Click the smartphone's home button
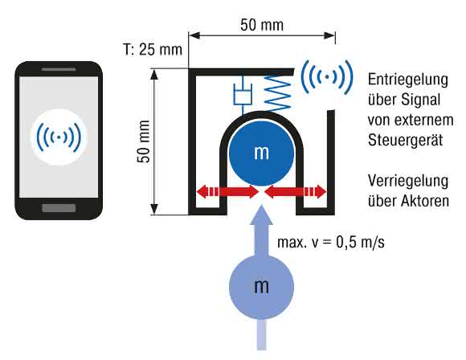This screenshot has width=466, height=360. click(59, 208)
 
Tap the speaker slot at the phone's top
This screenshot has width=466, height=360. click(59, 69)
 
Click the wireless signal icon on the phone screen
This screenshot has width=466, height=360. click(59, 137)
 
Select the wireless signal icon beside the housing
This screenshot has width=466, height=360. click(327, 77)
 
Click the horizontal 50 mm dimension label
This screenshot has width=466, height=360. click(262, 25)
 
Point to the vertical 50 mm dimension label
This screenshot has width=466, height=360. click(144, 141)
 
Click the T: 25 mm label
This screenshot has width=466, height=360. click(153, 49)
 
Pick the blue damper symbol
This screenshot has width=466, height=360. click(243, 95)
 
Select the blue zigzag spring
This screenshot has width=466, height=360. click(278, 92)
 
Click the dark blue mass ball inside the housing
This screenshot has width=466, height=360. click(261, 153)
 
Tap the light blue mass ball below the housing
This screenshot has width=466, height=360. click(262, 287)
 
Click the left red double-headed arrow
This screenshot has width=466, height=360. click(227, 191)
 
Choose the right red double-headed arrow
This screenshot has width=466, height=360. click(296, 191)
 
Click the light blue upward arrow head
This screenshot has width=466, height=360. click(261, 215)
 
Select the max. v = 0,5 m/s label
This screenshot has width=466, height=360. click(331, 243)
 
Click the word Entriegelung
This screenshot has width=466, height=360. click(408, 80)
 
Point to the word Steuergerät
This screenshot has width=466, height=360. click(406, 141)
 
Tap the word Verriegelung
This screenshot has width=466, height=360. click(408, 181)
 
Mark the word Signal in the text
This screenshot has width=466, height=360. click(421, 100)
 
